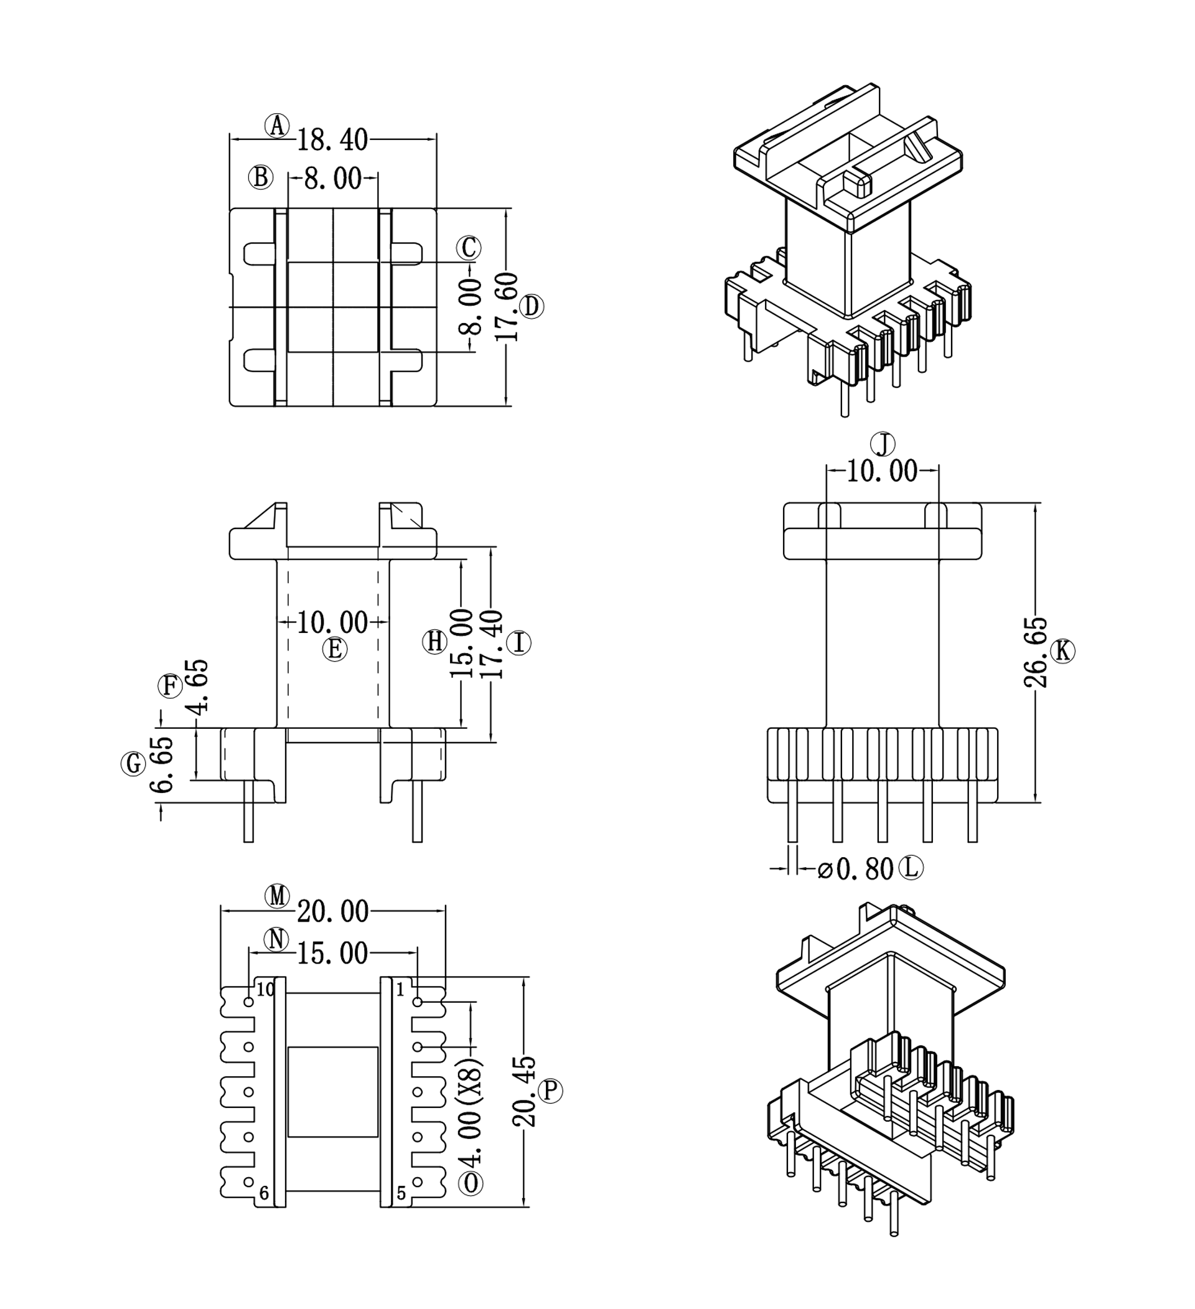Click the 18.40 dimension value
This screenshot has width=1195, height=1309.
click(x=332, y=140)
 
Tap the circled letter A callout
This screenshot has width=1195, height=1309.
click(x=277, y=125)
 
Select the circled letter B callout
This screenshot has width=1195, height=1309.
click(x=260, y=177)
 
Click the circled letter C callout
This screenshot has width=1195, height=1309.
click(x=468, y=247)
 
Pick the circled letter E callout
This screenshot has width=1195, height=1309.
click(x=334, y=649)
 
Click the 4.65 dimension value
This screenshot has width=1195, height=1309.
click(x=197, y=687)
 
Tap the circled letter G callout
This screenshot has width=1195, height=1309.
click(x=133, y=764)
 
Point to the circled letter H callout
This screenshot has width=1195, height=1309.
click(x=434, y=642)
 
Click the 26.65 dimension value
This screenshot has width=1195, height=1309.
click(x=1035, y=652)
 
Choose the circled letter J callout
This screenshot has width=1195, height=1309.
click(x=883, y=445)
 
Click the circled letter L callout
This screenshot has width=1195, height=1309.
click(x=911, y=868)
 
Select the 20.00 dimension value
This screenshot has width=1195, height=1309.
click(x=332, y=913)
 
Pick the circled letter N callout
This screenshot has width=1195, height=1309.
click(x=277, y=939)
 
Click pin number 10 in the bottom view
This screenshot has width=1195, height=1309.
click(x=266, y=990)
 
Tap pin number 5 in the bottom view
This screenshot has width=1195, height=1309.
click(x=401, y=1193)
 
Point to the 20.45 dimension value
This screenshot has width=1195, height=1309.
click(x=525, y=1092)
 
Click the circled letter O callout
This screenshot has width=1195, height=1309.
click(x=471, y=1183)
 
